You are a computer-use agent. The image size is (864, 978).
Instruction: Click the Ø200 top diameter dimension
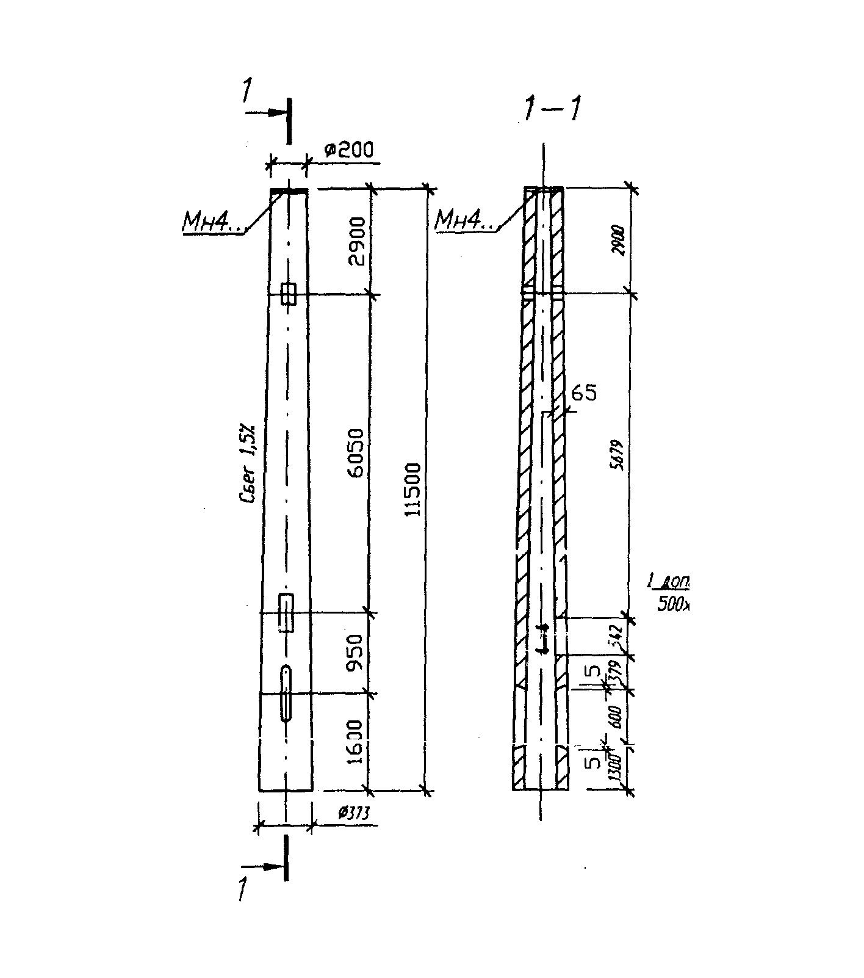click(348, 150)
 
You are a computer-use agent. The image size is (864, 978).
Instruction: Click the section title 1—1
click(550, 110)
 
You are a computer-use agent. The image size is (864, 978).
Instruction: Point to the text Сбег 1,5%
click(249, 465)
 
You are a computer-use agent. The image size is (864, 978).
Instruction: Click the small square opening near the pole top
click(289, 294)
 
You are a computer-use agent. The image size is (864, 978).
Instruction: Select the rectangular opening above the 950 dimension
click(286, 612)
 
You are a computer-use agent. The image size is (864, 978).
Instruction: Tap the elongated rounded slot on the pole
click(286, 694)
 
